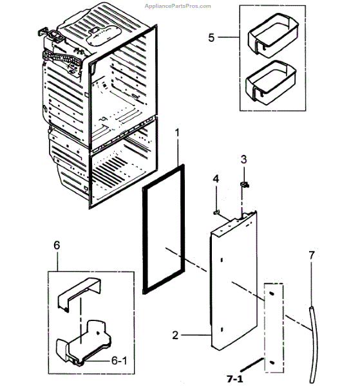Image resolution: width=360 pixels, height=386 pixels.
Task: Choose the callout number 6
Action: pos(57,246)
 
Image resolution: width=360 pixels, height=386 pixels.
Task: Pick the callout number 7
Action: pos(311,255)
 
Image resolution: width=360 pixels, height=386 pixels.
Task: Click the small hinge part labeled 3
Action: pos(245,185)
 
